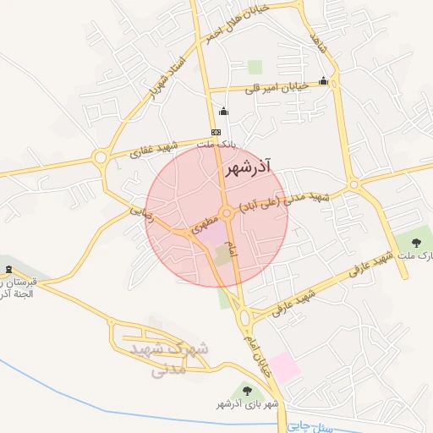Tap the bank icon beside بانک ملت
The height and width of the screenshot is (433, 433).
tap(216, 132)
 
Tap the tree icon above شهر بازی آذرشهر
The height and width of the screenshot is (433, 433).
tap(247, 390)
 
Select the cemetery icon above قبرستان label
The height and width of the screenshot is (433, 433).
tap(8, 269)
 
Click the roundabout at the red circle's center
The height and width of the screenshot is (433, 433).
tap(226, 212)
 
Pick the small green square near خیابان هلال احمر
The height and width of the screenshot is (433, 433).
tap(255, 66)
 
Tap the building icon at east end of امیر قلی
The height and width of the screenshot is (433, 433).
tap(323, 81)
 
